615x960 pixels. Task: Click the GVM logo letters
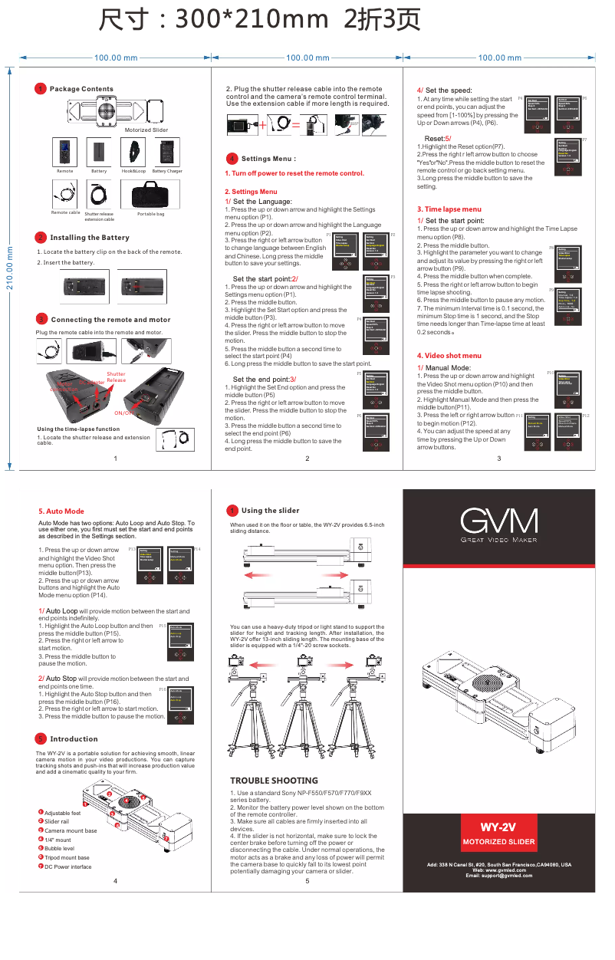click(x=498, y=523)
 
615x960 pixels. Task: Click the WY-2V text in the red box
click(x=498, y=827)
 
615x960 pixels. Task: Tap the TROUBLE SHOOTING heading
click(x=274, y=781)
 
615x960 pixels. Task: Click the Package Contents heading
click(x=81, y=89)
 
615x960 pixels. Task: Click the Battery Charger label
click(x=167, y=171)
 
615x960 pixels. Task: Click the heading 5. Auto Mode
click(x=61, y=511)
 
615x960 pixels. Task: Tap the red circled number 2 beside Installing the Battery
click(x=41, y=238)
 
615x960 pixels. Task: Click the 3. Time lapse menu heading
click(x=449, y=209)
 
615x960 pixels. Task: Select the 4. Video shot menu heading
click(x=449, y=355)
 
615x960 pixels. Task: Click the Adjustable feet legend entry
click(x=62, y=813)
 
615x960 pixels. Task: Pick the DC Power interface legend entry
click(x=67, y=866)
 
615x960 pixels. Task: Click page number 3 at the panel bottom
click(x=498, y=458)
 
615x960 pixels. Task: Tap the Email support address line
click(x=499, y=876)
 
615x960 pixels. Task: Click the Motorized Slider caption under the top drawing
click(x=146, y=130)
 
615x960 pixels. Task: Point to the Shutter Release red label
click(x=116, y=377)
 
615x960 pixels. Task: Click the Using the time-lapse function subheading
click(x=78, y=429)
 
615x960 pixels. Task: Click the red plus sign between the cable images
click(x=262, y=124)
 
